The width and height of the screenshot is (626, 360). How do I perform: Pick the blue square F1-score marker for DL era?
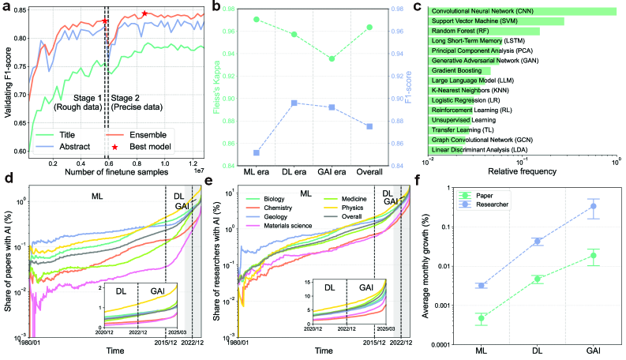pos(294,103)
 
